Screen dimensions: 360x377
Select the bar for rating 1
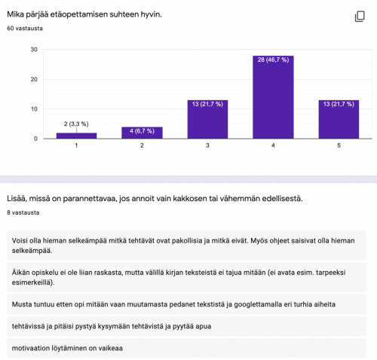76,136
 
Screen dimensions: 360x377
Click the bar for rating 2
142,133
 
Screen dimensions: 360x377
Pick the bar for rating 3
207,119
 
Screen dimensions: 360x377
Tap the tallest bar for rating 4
273,97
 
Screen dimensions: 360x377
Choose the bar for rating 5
339,119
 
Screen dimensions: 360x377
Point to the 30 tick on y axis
34,50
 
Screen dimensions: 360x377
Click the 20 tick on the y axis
34,79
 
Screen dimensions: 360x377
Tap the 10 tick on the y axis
34,108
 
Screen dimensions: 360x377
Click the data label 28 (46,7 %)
273,59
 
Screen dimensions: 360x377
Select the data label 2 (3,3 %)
76,123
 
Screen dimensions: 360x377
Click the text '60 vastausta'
24,28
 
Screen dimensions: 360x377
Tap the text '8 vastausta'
23,212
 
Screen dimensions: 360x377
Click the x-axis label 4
273,145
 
